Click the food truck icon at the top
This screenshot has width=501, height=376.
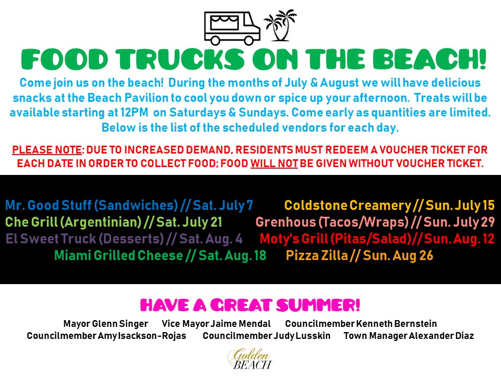(x=232, y=28)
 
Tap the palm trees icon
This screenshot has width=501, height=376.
(x=280, y=25)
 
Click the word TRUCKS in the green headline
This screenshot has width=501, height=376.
(x=181, y=59)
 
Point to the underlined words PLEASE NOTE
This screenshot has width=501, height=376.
(x=47, y=150)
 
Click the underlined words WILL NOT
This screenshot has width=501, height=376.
(x=274, y=163)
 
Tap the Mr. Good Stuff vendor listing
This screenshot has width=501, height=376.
(x=129, y=205)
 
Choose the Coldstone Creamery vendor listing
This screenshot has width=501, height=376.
(x=389, y=205)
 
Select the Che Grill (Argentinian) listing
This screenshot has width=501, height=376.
(x=113, y=222)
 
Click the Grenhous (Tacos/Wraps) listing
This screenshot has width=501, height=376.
(x=375, y=222)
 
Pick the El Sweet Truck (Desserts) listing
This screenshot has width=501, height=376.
(x=124, y=239)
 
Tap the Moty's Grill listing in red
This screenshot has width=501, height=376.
(x=377, y=239)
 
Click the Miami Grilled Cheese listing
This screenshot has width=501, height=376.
(x=160, y=255)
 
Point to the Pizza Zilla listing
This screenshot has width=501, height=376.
(x=360, y=255)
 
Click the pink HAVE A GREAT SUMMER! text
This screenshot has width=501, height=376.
(x=250, y=305)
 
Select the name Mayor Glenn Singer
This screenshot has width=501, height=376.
(x=106, y=324)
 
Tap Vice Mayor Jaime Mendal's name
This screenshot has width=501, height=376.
(x=216, y=324)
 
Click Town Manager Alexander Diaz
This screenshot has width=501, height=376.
(x=409, y=336)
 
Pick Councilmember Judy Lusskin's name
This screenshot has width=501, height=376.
(x=267, y=336)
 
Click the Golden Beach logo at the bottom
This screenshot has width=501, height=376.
(x=250, y=359)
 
